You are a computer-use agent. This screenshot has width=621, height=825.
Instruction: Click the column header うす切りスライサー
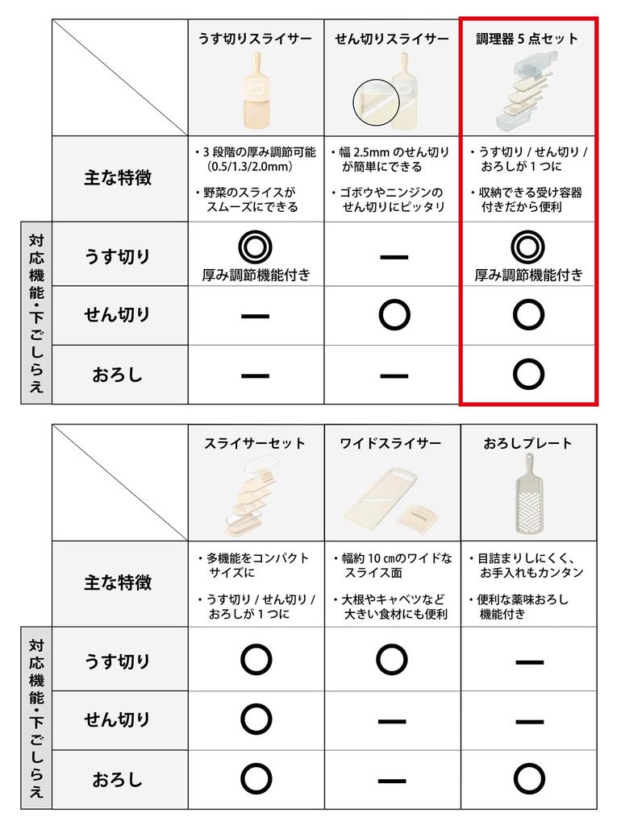tap(255, 39)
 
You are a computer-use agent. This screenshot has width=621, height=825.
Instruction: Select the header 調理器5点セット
tap(527, 39)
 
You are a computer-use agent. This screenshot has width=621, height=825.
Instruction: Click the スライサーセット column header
tap(255, 443)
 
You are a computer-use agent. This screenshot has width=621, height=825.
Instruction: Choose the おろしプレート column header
tap(527, 443)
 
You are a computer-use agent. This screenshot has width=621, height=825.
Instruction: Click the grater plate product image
tap(528, 495)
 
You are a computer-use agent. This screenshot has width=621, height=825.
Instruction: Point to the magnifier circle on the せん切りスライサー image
tap(377, 105)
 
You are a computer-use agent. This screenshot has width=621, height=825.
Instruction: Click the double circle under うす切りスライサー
tap(255, 246)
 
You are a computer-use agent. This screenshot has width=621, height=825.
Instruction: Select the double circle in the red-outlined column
tap(527, 246)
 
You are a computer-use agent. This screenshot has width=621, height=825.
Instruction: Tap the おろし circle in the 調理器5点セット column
tap(527, 374)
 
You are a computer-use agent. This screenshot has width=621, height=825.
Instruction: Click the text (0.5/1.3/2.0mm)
tap(250, 166)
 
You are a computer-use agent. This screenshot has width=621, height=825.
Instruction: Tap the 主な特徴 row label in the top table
tap(117, 178)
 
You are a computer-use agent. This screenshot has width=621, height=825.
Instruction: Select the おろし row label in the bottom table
tap(117, 779)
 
